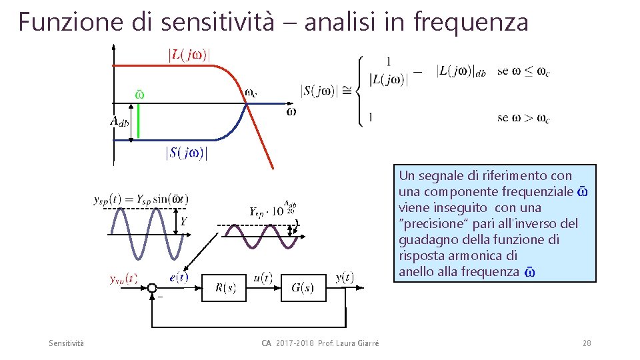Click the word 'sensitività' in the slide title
click(x=218, y=21)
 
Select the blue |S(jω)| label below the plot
click(x=187, y=153)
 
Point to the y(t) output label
click(x=345, y=277)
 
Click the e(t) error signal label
click(x=179, y=277)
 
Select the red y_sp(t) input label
click(x=123, y=279)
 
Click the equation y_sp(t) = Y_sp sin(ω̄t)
click(x=141, y=199)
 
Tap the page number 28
click(x=587, y=343)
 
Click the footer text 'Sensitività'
click(x=67, y=343)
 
